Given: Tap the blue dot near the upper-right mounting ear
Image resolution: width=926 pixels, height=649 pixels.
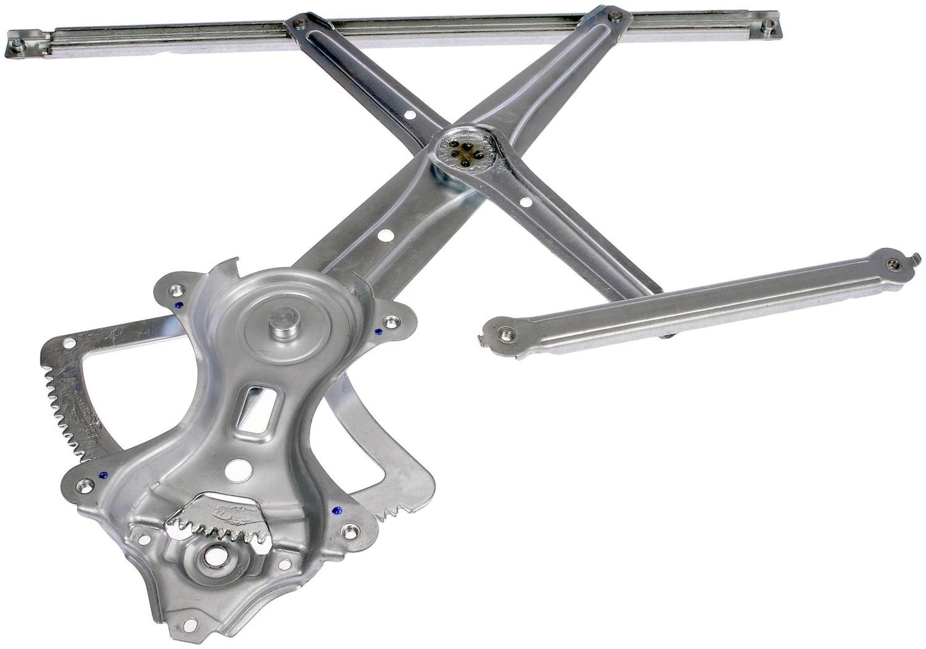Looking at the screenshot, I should point(378,332).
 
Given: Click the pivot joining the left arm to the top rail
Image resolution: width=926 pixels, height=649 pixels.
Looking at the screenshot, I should point(297,24).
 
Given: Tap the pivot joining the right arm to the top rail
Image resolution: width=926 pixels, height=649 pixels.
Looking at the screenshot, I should point(615,15).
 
